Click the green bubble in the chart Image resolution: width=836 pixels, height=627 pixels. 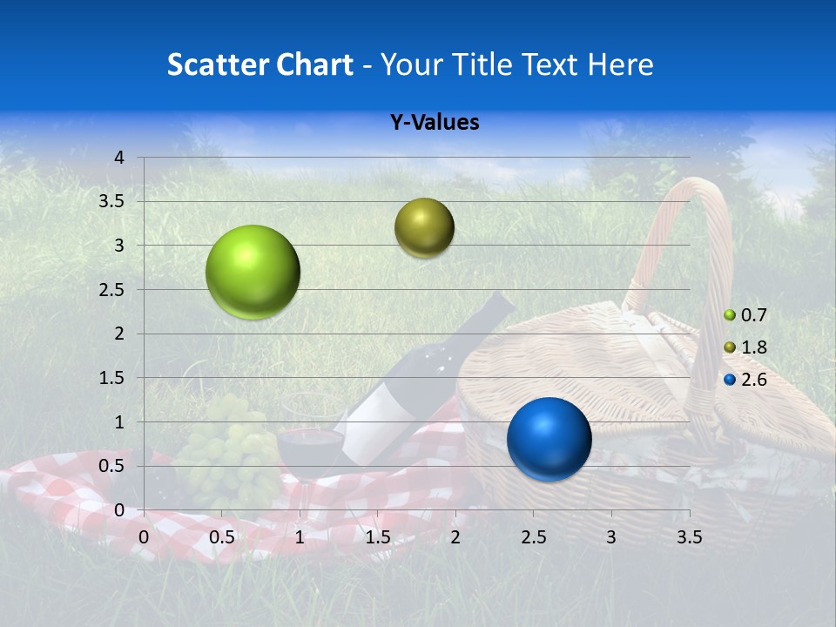tap(253, 272)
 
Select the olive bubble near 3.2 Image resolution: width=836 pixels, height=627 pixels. tap(424, 227)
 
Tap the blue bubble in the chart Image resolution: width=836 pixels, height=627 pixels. tap(549, 439)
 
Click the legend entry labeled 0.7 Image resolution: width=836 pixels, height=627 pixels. tap(745, 315)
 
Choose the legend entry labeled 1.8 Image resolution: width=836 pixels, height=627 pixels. tap(745, 347)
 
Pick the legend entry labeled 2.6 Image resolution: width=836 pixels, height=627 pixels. tap(745, 380)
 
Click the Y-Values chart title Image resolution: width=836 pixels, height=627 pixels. tap(434, 123)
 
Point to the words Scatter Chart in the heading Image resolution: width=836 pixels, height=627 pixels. tap(260, 64)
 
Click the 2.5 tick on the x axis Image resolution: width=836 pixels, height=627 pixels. tap(533, 537)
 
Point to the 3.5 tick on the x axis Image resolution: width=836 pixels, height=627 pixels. tap(689, 537)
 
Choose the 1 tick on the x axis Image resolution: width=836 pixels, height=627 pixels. tap(300, 537)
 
